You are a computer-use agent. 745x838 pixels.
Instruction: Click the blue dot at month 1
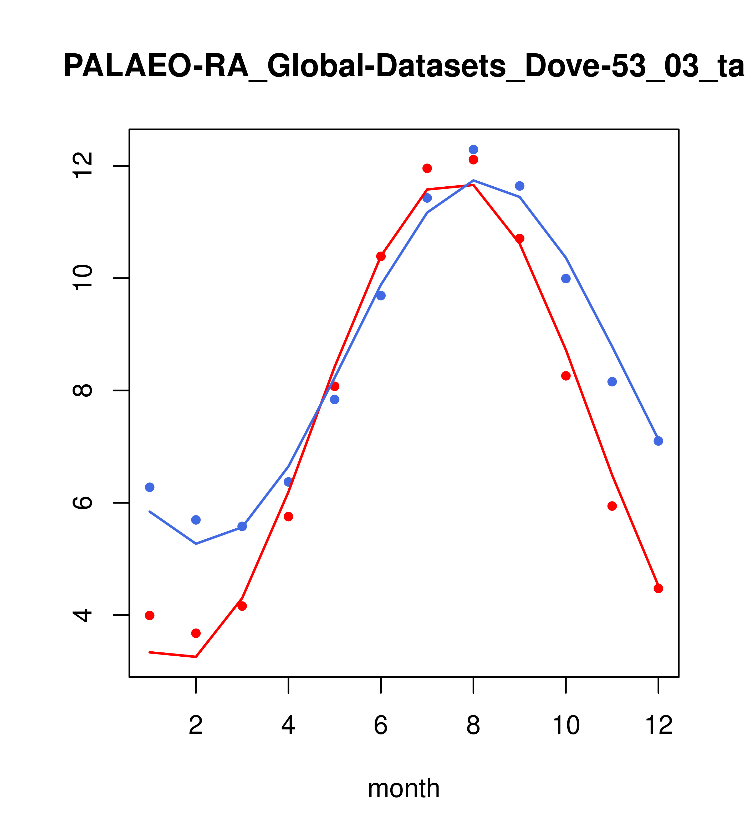150,487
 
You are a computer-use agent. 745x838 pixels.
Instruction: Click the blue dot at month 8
473,150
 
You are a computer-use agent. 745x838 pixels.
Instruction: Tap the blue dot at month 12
659,441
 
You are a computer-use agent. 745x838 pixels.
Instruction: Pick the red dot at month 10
566,376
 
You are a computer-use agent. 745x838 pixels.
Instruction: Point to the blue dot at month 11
612,382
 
